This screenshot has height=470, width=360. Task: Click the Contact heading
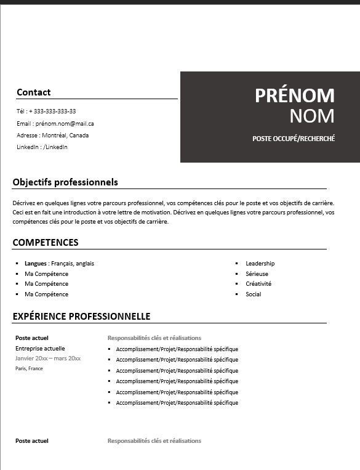[33, 92]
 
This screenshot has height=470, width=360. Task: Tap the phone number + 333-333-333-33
[52, 111]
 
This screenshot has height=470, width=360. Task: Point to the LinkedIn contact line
[42, 147]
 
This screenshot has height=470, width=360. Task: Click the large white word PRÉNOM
[295, 95]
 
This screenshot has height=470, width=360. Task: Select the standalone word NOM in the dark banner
[312, 116]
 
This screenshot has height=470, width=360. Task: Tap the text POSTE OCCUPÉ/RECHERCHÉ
[294, 139]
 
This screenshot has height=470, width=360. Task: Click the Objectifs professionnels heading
[65, 182]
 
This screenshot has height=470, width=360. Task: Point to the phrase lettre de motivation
[145, 212]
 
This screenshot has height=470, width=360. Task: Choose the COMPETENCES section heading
[46, 243]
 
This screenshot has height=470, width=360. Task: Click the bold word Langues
[35, 264]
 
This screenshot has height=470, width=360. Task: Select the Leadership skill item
[260, 264]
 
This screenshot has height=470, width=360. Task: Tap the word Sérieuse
[257, 274]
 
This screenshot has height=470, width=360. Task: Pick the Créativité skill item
[258, 284]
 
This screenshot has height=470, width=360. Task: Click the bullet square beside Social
[237, 294]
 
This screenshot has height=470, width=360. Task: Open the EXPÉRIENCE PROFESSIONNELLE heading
[81, 317]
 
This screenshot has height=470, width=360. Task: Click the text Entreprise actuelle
[40, 349]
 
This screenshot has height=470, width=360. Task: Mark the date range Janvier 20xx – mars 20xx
[48, 359]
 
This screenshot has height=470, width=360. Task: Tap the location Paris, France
[29, 368]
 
